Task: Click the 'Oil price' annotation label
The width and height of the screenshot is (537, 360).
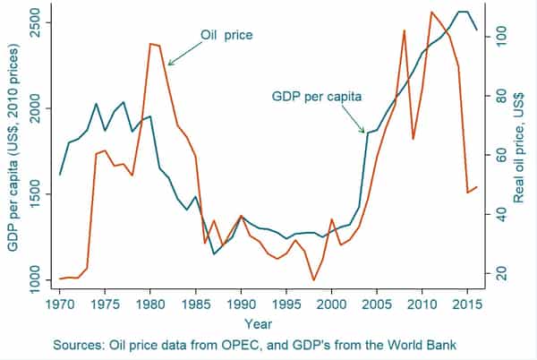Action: [x=226, y=36]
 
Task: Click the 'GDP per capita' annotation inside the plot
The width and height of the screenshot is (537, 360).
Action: [x=317, y=95]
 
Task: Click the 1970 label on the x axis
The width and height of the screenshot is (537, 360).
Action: [x=60, y=304]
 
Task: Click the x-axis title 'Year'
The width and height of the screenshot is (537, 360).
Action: [x=261, y=323]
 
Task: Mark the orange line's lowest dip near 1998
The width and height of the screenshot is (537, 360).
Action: [x=313, y=280]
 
